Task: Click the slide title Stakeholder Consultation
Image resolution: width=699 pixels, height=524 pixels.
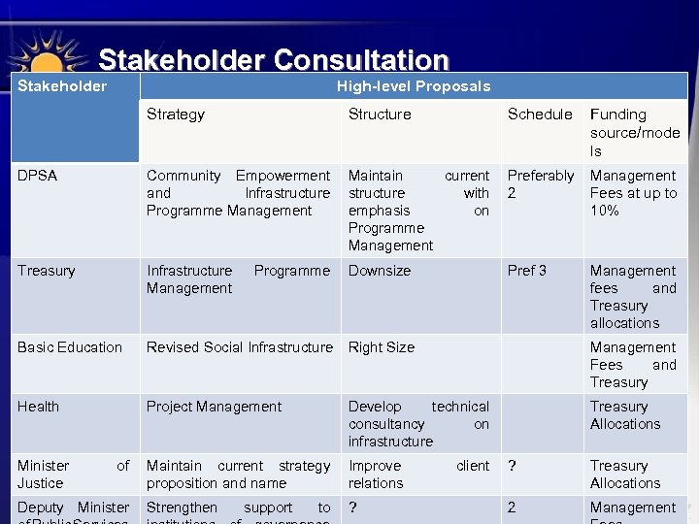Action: [x=273, y=60]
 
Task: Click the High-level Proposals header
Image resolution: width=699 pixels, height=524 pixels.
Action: [x=413, y=86]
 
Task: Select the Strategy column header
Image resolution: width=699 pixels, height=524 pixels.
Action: [x=176, y=115]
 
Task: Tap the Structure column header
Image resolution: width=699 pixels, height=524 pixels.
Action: [x=380, y=115]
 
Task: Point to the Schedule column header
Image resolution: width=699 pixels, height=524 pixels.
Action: [x=540, y=115]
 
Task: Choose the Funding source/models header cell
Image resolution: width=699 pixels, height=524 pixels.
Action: [x=634, y=132]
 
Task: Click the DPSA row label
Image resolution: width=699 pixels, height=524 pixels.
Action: [x=38, y=176]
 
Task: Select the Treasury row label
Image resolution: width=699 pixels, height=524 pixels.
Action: [x=46, y=271]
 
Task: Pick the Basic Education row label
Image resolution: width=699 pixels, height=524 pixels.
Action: [x=70, y=347]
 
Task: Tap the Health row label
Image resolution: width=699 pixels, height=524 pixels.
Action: [x=38, y=407]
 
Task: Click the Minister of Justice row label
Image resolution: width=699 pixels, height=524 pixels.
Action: [x=73, y=475]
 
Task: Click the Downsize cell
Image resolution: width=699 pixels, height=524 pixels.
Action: [x=380, y=271]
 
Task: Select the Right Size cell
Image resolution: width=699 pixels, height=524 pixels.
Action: [x=382, y=347]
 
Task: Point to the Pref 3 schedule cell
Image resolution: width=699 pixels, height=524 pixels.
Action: [x=527, y=271]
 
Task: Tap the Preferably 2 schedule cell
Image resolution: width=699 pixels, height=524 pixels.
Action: [x=541, y=184]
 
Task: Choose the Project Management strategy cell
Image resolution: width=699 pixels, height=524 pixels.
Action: [x=214, y=407]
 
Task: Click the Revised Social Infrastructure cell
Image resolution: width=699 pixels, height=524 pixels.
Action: [x=239, y=347]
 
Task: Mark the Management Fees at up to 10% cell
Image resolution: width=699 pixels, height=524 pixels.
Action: [x=633, y=193]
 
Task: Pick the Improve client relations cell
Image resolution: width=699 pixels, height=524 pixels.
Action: [x=418, y=475]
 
